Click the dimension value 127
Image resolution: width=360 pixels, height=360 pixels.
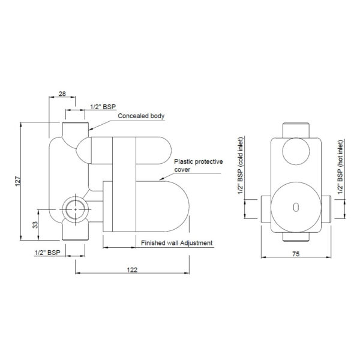tap(17, 181)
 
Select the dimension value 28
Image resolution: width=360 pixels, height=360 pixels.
tap(62, 94)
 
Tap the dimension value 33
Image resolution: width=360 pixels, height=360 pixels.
tap(35, 224)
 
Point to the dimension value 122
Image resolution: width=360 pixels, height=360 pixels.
tap(132, 270)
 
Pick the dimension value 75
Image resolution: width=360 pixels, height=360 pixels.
tap(296, 254)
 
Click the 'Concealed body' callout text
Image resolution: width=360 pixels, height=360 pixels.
tap(141, 116)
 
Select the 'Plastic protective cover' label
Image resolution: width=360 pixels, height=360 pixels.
tap(199, 166)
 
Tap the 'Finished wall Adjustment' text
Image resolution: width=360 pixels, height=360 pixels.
tap(176, 243)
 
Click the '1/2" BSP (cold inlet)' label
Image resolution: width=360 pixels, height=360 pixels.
tap(240, 166)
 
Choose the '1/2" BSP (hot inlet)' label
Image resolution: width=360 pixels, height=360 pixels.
tap(340, 167)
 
